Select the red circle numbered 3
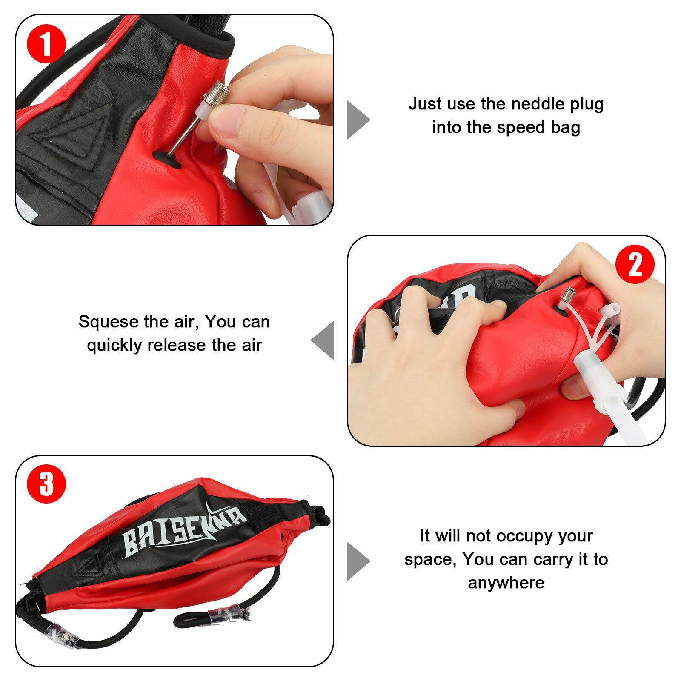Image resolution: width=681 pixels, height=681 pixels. [46, 485]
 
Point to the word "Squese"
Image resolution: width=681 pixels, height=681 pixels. [109, 322]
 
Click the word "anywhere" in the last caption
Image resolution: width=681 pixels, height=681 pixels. [506, 582]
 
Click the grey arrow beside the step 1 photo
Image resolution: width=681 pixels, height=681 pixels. [357, 120]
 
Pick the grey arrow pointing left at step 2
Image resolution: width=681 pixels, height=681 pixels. [323, 340]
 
